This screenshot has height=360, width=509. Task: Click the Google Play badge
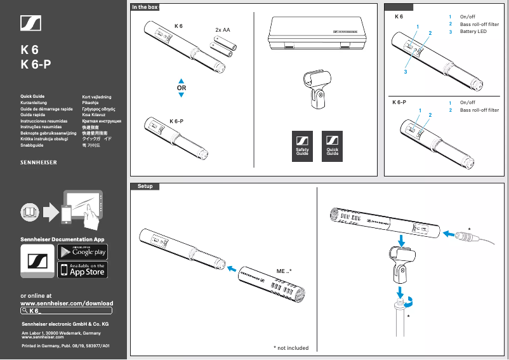(83, 251)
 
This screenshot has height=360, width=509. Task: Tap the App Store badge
(83, 269)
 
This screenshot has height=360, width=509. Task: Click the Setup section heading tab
(145, 186)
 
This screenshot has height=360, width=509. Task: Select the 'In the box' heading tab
(145, 7)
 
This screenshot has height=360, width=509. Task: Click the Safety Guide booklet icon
(302, 146)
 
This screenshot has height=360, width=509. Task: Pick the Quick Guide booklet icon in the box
(333, 146)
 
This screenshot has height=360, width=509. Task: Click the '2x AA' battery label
(222, 30)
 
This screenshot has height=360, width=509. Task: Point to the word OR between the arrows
(181, 88)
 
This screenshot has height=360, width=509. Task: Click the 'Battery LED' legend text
(473, 32)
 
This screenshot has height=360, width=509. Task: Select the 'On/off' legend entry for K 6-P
(467, 102)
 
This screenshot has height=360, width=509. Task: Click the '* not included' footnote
(291, 348)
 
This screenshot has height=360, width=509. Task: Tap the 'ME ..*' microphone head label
(284, 271)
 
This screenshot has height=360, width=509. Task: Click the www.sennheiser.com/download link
(67, 303)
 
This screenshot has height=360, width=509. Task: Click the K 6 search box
(67, 310)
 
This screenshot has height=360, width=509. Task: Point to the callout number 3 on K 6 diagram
(405, 72)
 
